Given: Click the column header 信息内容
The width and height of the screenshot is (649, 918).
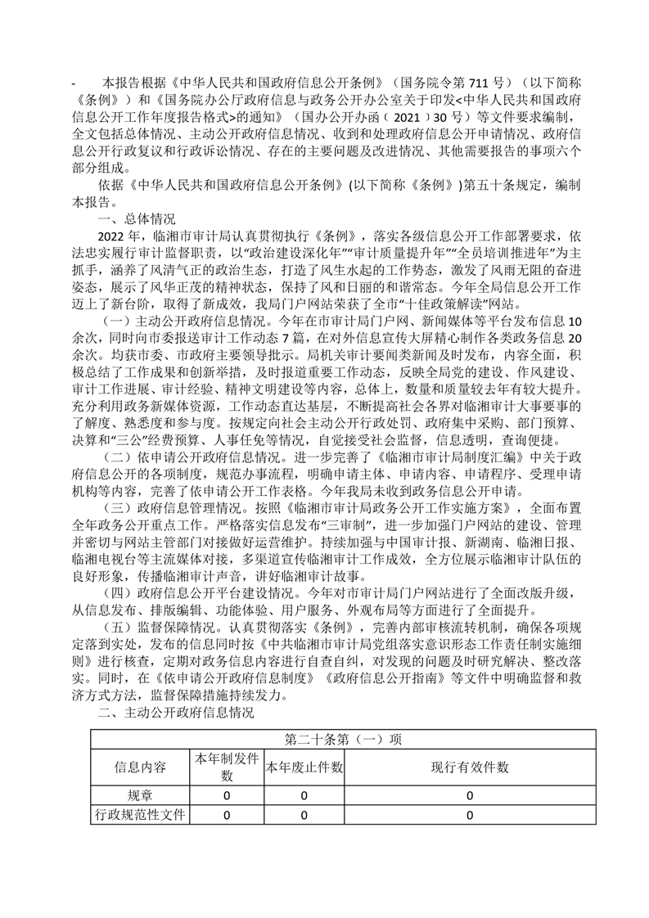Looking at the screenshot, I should coord(139,767).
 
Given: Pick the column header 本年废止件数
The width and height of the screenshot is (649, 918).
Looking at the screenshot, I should coord(303,767).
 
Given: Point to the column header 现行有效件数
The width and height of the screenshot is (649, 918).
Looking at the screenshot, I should coord(470,767).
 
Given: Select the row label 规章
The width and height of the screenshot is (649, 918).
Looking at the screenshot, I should coord(139,795).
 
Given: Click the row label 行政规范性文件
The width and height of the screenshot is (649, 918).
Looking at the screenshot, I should coord(139,815).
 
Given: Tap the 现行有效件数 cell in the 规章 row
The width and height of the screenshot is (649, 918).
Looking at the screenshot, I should coord(470,795).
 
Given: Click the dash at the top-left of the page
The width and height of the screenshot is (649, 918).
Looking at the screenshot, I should coord(74,83).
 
